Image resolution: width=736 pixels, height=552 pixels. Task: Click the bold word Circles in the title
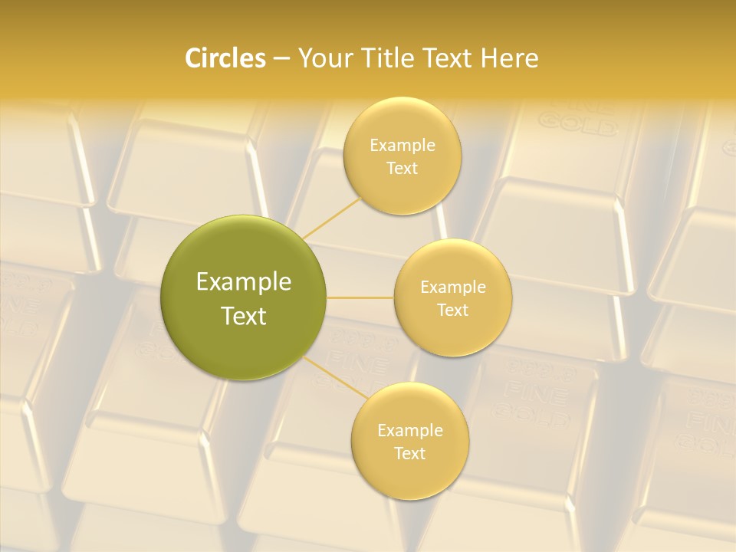[225, 58]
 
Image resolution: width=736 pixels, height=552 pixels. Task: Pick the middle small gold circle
[453, 261]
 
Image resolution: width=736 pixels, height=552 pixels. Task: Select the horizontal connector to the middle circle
[360, 297]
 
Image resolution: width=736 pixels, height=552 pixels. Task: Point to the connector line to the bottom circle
[333, 376]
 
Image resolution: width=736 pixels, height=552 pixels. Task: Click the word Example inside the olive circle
[244, 282]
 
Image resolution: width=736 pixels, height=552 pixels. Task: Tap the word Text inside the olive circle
[244, 316]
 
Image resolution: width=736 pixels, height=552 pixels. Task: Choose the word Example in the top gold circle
[402, 146]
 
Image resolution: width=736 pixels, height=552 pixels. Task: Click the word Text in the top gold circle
[402, 168]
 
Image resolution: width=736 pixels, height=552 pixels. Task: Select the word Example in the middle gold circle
[453, 287]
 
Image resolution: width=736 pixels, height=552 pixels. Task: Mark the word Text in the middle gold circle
[453, 310]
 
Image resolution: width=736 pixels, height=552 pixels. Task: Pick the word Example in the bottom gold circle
[409, 431]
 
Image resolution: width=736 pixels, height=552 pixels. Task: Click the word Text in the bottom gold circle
[409, 453]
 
